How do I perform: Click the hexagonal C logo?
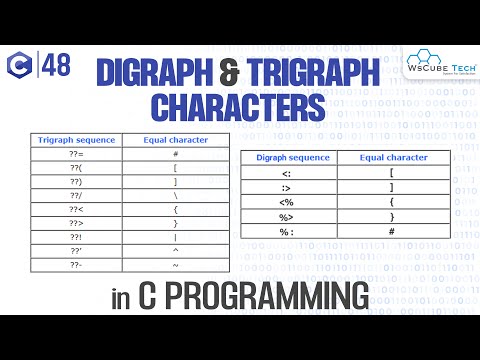click(x=19, y=67)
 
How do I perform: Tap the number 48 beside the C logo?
click(x=56, y=67)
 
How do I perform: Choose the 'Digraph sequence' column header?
click(x=286, y=158)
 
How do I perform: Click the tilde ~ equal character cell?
click(x=175, y=266)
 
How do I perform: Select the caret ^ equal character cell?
click(x=175, y=251)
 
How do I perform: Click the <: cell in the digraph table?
click(x=286, y=174)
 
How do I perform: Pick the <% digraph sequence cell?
click(x=286, y=203)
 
